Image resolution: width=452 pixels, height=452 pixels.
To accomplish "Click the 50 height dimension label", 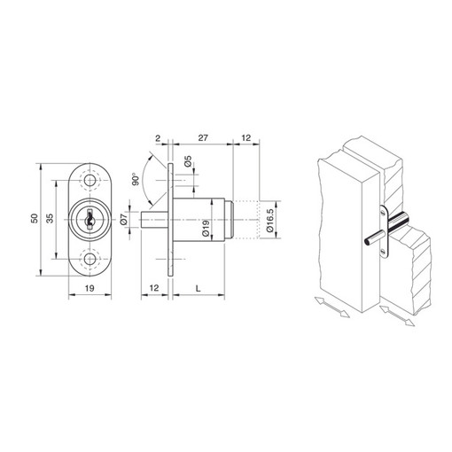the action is pyautogui.click(x=35, y=218).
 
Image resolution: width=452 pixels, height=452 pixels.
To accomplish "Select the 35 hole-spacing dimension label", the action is pyautogui.click(x=50, y=218).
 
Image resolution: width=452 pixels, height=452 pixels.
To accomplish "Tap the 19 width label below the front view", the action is pyautogui.click(x=90, y=288).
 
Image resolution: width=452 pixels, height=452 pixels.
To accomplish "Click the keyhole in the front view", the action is pyautogui.click(x=89, y=220).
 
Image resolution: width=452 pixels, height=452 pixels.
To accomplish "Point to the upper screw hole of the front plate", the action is pyautogui.click(x=90, y=180).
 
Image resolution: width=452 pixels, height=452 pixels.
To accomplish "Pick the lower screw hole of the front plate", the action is pyautogui.click(x=90, y=259).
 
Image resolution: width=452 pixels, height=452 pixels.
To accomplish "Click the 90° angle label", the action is pyautogui.click(x=136, y=179).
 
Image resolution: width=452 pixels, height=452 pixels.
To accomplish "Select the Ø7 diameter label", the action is pyautogui.click(x=124, y=219).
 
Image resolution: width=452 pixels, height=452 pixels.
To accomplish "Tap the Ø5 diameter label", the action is pyautogui.click(x=188, y=161).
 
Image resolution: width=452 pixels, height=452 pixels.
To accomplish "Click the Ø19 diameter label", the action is pyautogui.click(x=206, y=229).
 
